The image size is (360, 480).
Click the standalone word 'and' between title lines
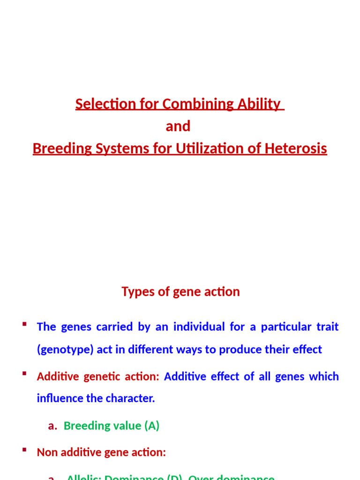(178, 126)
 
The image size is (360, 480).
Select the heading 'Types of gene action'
(180, 292)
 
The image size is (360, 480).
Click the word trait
(327, 327)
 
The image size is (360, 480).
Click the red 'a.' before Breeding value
(52, 426)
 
